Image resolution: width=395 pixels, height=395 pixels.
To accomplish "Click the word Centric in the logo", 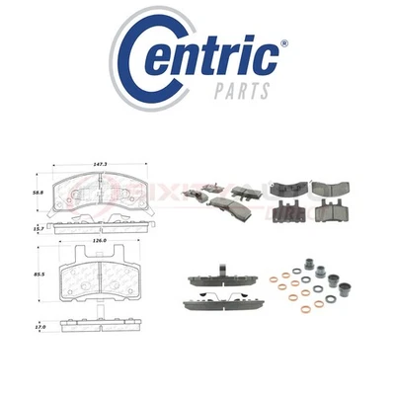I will point(212,59).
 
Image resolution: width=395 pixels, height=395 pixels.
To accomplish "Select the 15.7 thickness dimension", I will point(38,228).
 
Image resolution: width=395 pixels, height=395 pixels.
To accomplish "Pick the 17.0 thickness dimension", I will point(38,325).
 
